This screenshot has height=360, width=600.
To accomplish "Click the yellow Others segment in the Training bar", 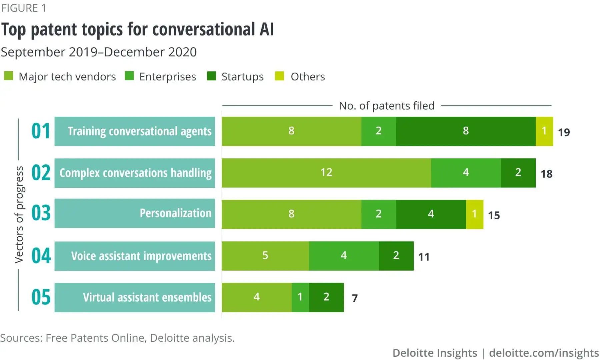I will click(544, 131).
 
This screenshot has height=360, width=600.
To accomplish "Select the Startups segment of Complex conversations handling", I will click(518, 173).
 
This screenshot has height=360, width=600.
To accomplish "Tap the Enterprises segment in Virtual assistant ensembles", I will click(300, 297).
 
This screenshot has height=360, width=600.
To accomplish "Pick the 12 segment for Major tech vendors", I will click(326, 173).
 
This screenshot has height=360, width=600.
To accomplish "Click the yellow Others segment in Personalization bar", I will click(474, 214).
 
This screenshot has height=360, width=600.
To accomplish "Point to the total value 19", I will click(564, 132).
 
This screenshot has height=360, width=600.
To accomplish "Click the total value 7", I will click(355, 298).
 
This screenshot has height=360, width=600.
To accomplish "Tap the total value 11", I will click(424, 257).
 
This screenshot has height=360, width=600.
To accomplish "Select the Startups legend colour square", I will click(211, 76).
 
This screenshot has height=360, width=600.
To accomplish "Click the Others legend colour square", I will click(279, 76).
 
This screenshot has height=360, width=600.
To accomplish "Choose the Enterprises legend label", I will click(167, 77).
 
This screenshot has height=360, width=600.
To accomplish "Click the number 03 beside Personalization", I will click(41, 213).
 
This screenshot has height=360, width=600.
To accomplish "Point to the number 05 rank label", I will click(41, 297).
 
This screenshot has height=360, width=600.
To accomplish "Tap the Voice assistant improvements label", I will click(141, 256).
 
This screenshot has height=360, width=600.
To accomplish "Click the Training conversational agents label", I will click(139, 131).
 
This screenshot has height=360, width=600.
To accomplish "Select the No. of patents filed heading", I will click(386, 106).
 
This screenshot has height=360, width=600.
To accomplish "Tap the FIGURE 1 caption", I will click(24, 8).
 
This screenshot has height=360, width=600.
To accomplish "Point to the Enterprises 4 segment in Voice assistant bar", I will click(344, 256).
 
